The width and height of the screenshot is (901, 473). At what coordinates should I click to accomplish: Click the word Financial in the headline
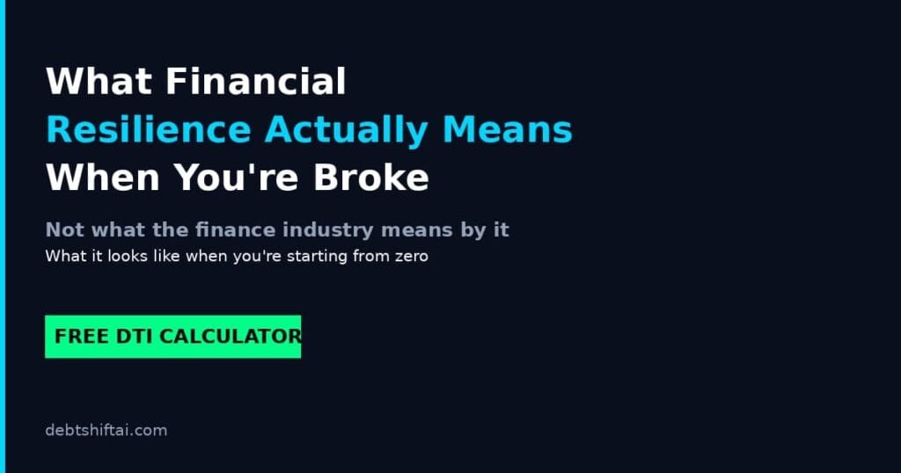tap(256, 82)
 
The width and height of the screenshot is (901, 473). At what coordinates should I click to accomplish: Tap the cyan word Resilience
tap(149, 130)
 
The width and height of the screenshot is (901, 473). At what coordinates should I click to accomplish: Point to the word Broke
tap(370, 178)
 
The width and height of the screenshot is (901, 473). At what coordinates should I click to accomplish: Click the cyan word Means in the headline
tap(508, 130)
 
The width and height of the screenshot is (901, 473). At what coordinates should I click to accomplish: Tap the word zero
tap(412, 256)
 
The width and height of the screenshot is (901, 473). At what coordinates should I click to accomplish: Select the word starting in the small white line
tap(317, 257)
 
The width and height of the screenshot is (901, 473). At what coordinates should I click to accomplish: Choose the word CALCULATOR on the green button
tap(230, 337)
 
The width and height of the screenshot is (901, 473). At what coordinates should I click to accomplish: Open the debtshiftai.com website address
tap(106, 431)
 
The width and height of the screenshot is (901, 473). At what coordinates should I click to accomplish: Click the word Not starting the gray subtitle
tap(65, 229)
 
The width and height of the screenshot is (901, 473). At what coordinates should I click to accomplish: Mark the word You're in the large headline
tap(236, 178)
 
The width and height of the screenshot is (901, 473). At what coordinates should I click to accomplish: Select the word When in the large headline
tap(103, 178)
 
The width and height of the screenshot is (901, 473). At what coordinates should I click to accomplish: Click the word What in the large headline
tap(99, 82)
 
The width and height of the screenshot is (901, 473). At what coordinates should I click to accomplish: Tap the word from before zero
tap(371, 256)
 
